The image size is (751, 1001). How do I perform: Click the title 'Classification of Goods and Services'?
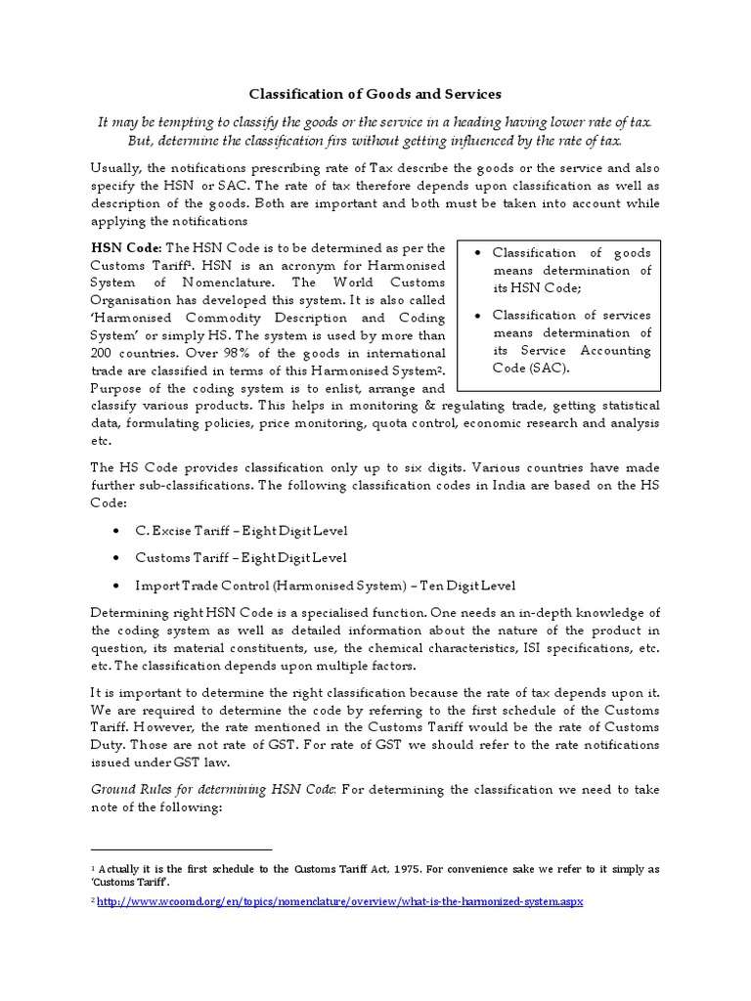(x=375, y=94)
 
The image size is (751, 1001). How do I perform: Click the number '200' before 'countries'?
(x=102, y=352)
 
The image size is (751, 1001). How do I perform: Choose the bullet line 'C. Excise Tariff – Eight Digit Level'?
(x=228, y=530)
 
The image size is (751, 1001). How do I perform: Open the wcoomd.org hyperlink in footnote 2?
(x=339, y=901)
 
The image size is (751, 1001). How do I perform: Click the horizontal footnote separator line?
(x=181, y=849)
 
